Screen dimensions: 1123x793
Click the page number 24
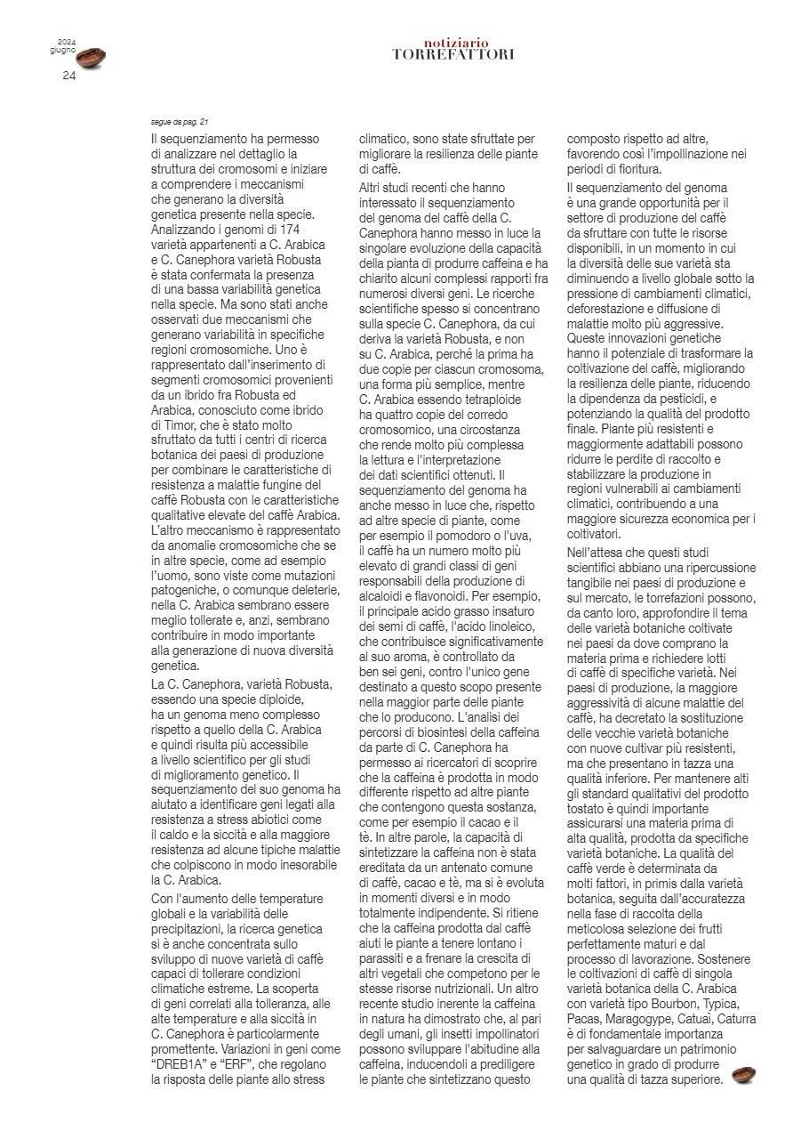tap(69, 76)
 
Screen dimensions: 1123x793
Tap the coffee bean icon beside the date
tap(89, 59)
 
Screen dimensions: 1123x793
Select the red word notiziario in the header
tap(456, 42)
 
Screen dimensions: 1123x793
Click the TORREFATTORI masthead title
tap(453, 54)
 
